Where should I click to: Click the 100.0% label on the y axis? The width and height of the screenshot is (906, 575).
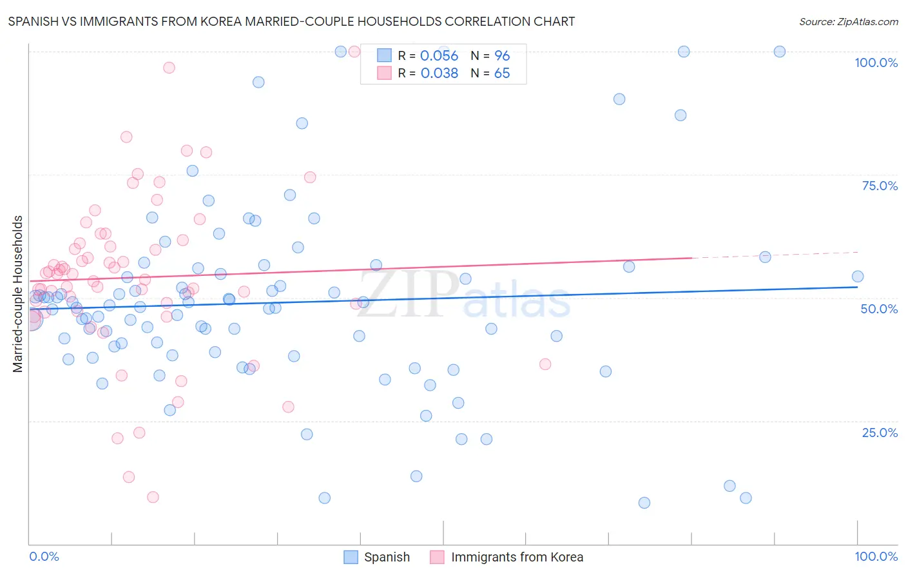click(x=876, y=63)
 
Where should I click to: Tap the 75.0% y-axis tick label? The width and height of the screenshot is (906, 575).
click(x=880, y=186)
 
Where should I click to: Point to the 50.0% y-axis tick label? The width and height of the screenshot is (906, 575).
click(x=879, y=309)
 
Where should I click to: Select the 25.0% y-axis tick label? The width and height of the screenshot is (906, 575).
click(x=880, y=433)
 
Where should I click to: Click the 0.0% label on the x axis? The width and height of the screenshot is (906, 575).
click(x=44, y=556)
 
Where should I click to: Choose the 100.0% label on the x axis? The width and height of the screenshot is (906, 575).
click(x=876, y=556)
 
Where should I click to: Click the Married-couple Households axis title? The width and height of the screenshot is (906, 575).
click(x=18, y=294)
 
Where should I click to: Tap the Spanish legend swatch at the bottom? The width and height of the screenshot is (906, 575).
click(x=351, y=557)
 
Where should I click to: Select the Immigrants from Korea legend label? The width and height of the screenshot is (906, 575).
click(x=517, y=557)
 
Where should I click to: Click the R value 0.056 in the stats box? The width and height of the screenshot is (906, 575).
click(x=439, y=56)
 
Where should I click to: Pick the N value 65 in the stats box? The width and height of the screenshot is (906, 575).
click(x=501, y=73)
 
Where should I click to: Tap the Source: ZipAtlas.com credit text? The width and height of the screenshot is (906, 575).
click(x=848, y=21)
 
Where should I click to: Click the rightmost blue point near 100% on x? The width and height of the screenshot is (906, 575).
click(x=857, y=277)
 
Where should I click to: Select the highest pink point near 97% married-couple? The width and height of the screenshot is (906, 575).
click(x=169, y=68)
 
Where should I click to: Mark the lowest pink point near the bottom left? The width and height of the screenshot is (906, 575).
click(x=153, y=497)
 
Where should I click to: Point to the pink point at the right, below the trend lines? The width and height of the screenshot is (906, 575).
click(x=545, y=364)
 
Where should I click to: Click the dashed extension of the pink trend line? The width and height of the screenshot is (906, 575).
click(x=773, y=255)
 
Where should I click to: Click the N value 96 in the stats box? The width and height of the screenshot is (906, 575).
click(x=501, y=56)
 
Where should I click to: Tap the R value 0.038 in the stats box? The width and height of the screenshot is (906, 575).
click(x=439, y=73)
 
